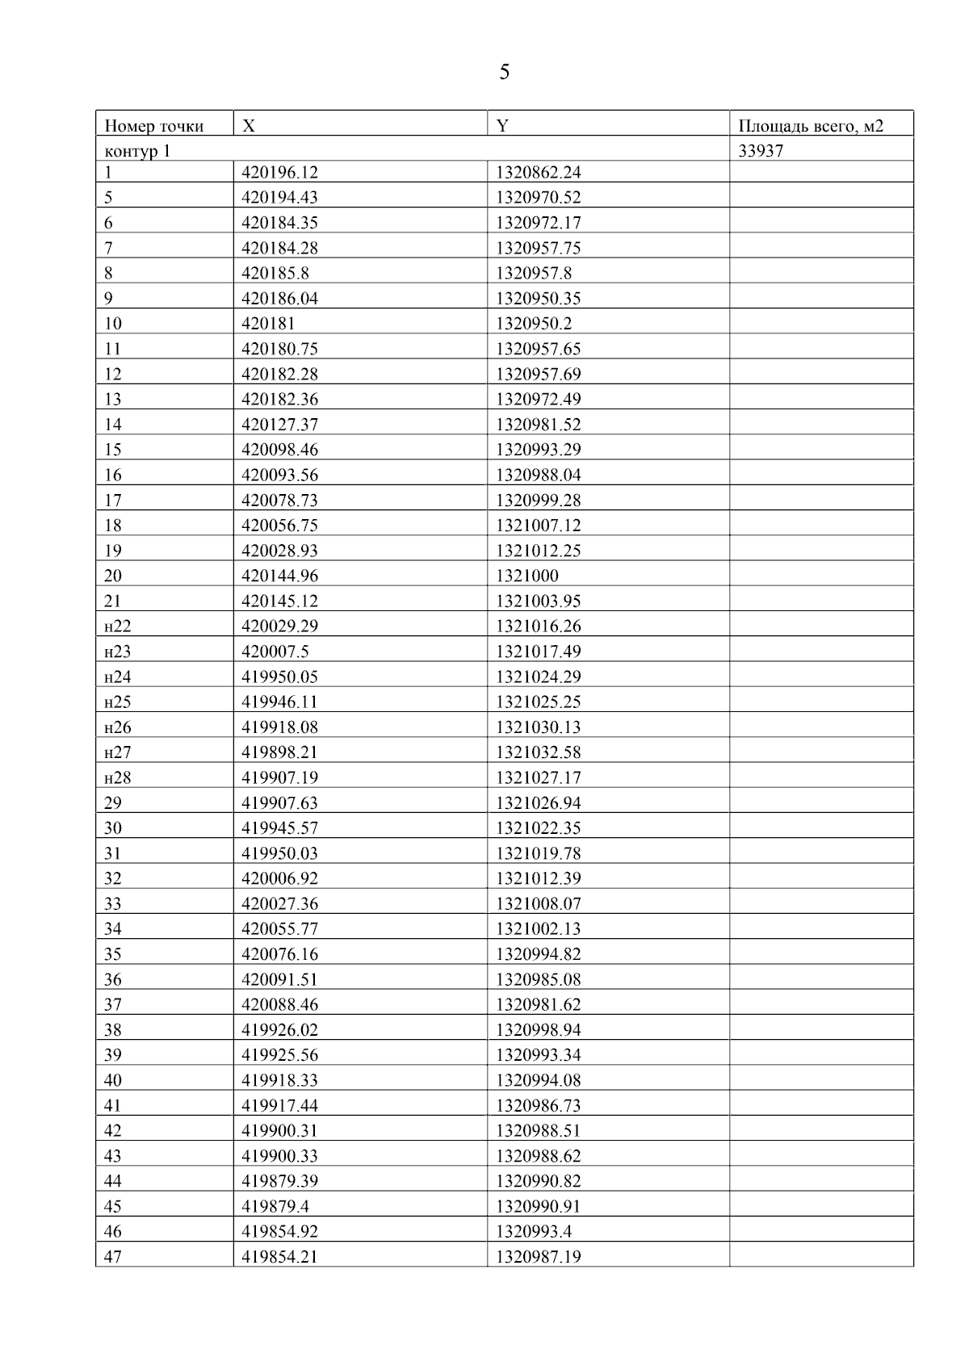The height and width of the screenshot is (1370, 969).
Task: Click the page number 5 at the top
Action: (504, 73)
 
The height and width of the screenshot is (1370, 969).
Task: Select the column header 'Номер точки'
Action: (154, 126)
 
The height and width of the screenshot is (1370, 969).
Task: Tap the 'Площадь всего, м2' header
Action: (811, 126)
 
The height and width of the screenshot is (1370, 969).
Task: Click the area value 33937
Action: (761, 151)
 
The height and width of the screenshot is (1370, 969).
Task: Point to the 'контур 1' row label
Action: (137, 151)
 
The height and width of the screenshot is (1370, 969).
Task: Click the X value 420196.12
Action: (279, 172)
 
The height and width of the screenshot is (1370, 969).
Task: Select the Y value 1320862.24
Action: (538, 172)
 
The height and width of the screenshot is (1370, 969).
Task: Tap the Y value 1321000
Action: (526, 576)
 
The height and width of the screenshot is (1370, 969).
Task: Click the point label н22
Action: (117, 626)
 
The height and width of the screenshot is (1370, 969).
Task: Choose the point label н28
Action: (117, 777)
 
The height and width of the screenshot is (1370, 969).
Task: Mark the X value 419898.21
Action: (279, 752)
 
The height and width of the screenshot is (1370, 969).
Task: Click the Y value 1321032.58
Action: (538, 752)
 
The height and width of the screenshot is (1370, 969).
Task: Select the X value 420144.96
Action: (279, 576)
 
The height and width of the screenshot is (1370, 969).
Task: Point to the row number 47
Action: (113, 1257)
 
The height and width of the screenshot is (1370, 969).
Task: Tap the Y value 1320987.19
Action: (538, 1257)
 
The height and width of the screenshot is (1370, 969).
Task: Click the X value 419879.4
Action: (275, 1206)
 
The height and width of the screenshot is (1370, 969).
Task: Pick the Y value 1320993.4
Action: (534, 1231)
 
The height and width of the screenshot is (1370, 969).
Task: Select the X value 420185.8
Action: (275, 273)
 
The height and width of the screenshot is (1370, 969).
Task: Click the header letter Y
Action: (502, 126)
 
